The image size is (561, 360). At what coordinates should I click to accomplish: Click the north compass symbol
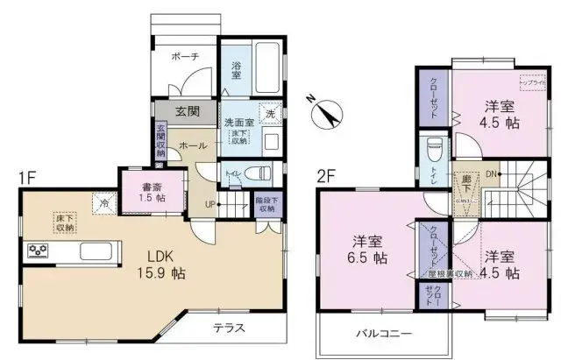click(324, 112)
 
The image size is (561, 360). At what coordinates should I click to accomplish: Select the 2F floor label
click(327, 175)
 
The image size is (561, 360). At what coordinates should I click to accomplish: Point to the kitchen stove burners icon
click(39, 251)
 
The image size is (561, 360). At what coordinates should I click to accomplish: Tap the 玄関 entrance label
click(185, 111)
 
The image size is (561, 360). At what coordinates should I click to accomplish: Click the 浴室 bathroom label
click(237, 70)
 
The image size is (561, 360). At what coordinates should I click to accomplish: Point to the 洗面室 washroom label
click(238, 123)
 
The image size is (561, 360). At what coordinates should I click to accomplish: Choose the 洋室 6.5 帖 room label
click(367, 249)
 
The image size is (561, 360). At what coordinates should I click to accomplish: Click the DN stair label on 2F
click(493, 173)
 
